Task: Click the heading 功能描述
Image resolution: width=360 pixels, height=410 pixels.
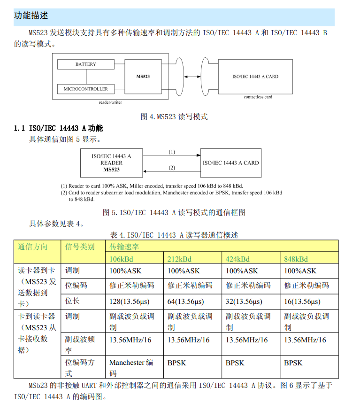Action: click(x=31, y=16)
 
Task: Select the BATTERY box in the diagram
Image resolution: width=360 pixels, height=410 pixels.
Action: click(x=85, y=64)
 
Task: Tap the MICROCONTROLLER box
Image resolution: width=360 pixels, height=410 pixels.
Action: click(x=85, y=89)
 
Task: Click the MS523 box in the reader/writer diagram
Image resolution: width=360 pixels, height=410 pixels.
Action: click(x=143, y=76)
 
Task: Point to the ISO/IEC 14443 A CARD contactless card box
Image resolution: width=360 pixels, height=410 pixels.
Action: click(x=255, y=76)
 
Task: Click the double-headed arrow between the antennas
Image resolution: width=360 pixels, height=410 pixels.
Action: click(x=192, y=77)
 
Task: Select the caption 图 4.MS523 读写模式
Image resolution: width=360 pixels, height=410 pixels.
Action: click(x=174, y=116)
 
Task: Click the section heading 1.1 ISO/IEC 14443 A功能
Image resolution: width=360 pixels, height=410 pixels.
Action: click(x=59, y=128)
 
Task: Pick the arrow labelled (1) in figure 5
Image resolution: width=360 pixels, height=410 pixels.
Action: click(x=172, y=155)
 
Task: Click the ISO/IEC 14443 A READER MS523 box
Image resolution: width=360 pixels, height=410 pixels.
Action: click(x=111, y=163)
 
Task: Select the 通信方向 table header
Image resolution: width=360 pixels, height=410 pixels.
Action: click(x=32, y=247)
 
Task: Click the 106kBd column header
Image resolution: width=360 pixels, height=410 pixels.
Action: click(x=121, y=259)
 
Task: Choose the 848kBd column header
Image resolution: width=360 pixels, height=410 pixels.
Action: click(x=296, y=259)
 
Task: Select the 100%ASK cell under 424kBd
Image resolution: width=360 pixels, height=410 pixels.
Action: click(x=242, y=271)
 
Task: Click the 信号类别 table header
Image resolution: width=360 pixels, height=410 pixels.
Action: click(x=80, y=247)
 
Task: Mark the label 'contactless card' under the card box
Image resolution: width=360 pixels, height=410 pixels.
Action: click(x=258, y=97)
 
